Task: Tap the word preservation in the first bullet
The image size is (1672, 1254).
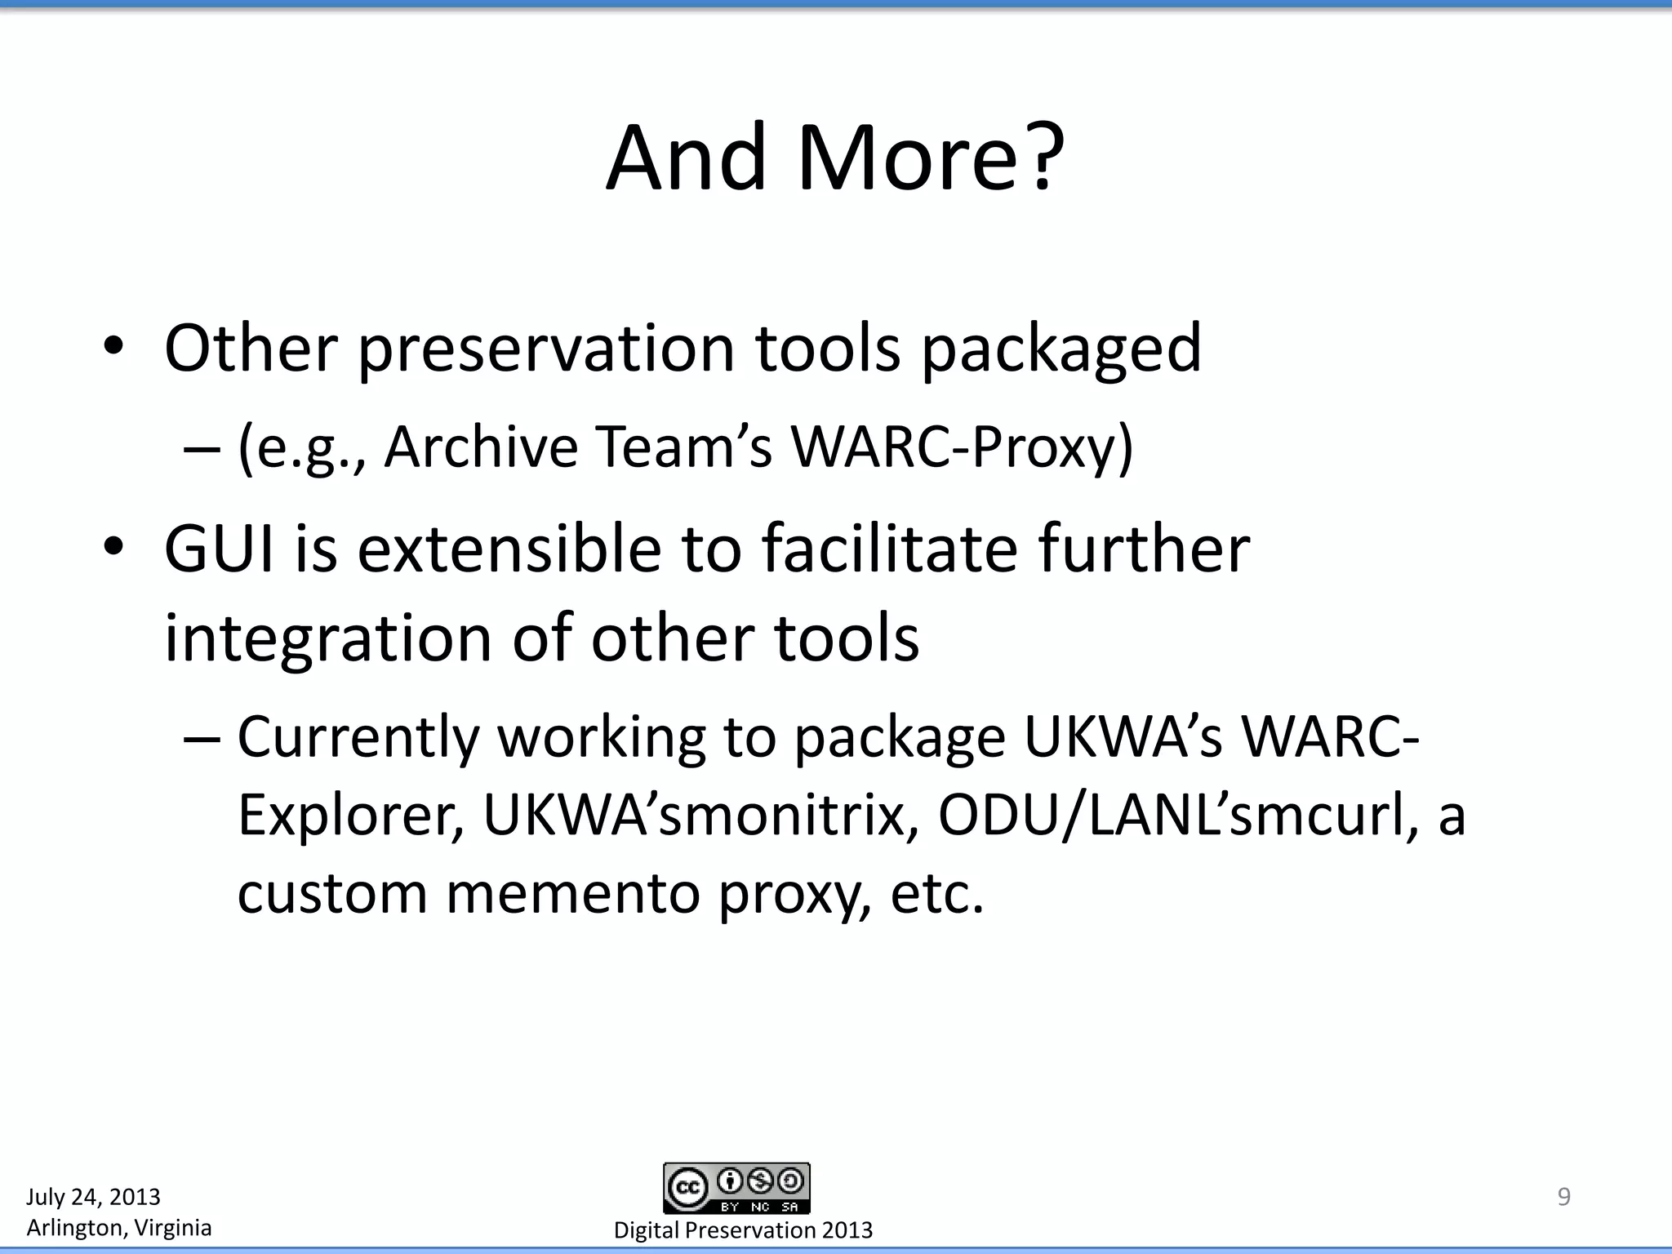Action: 546,349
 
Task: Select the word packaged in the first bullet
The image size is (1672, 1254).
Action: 1061,349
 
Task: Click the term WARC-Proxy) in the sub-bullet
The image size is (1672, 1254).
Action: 962,447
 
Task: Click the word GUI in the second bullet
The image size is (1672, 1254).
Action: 219,549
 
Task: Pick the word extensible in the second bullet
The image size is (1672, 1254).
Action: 509,549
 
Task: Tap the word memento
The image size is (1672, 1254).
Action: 572,893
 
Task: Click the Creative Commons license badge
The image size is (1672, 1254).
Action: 736,1188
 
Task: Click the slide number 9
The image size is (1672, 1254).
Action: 1563,1197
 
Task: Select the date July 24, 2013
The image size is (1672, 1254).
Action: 93,1197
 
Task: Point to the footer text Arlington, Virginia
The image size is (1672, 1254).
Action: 119,1228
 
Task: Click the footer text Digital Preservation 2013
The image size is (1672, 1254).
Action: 743,1230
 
